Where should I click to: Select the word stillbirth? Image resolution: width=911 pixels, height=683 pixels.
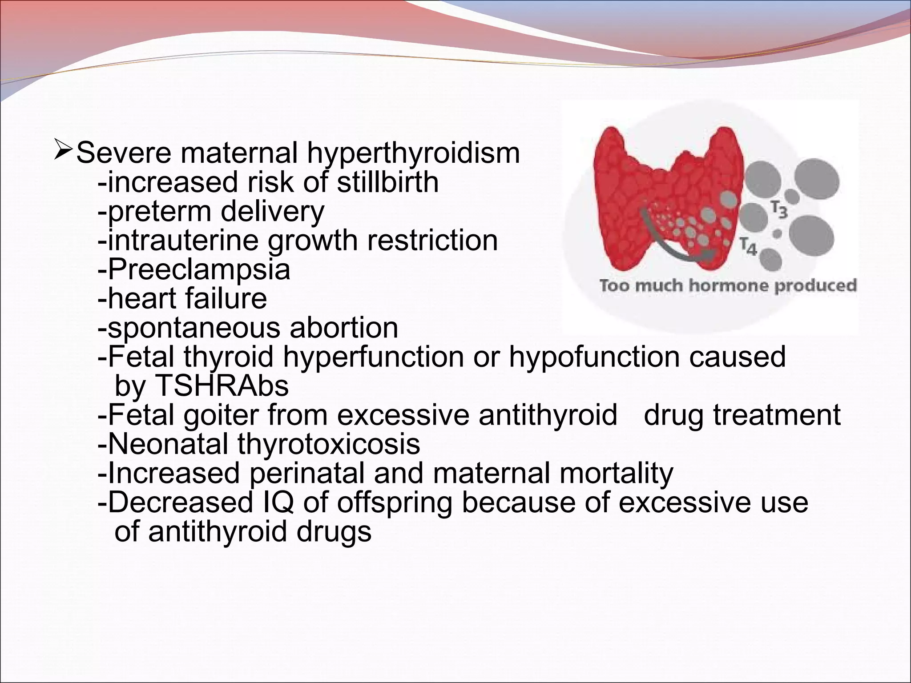[387, 182]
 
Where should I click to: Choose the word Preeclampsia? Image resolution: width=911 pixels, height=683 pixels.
[199, 269]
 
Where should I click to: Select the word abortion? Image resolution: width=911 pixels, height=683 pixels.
[344, 328]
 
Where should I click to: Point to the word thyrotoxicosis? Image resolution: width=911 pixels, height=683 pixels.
[329, 444]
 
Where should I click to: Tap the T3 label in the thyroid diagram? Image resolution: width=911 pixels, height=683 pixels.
[779, 210]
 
